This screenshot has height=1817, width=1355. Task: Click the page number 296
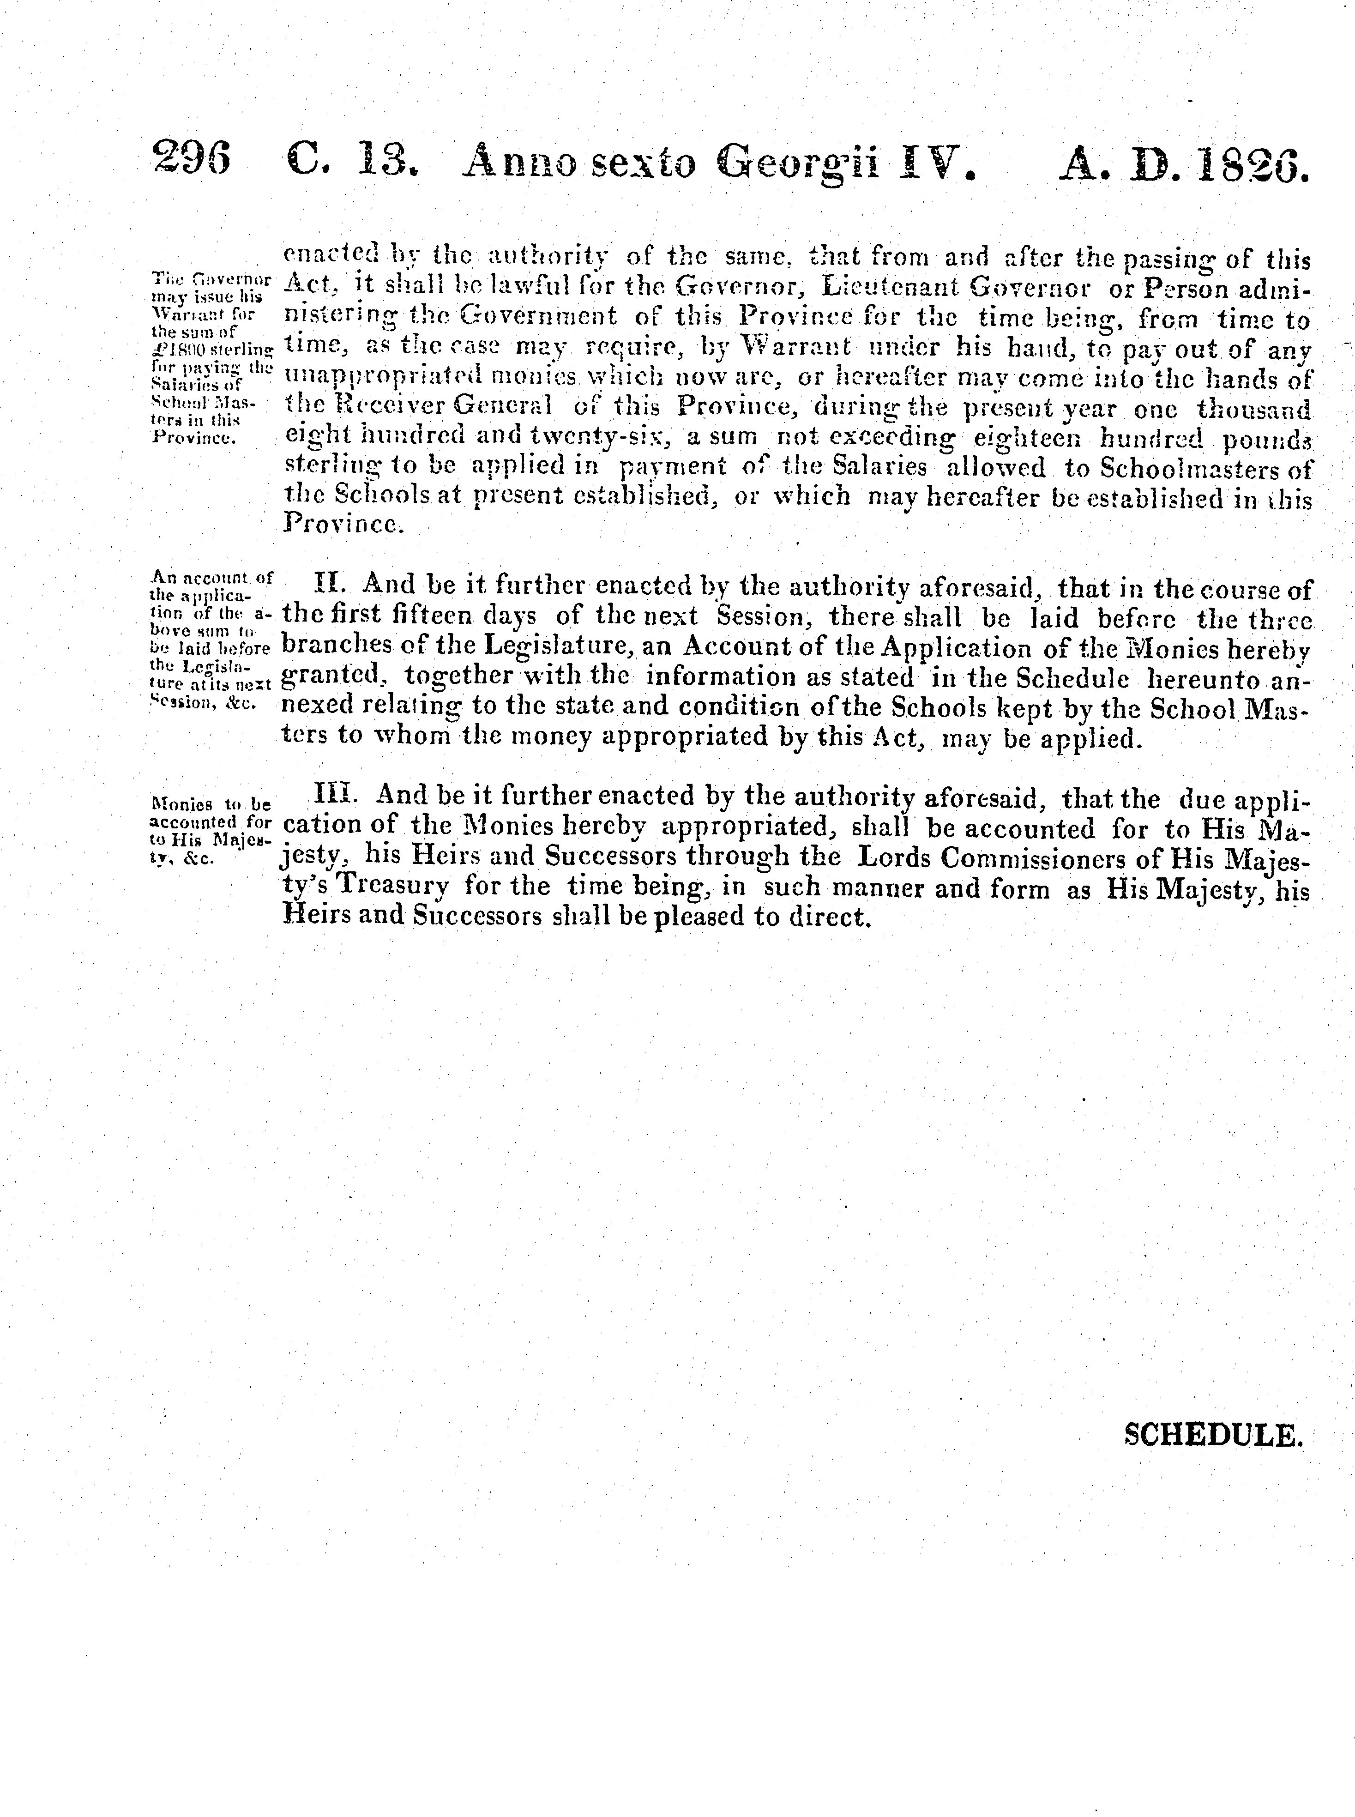[x=191, y=156]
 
